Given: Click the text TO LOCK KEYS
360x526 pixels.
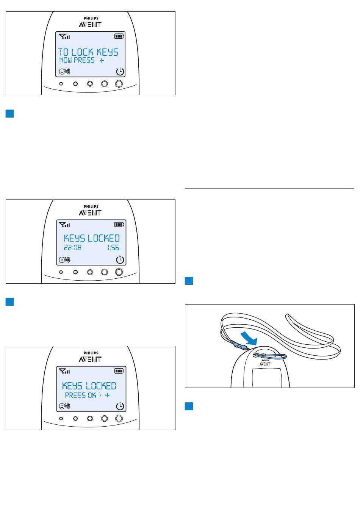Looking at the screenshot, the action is (88, 52).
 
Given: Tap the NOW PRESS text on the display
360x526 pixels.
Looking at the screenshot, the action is (77, 60).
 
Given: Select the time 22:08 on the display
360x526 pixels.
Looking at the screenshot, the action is (72, 248).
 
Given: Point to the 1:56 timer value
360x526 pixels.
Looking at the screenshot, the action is (113, 248).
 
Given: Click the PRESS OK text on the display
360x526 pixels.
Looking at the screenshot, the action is (80, 395).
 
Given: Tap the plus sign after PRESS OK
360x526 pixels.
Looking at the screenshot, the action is (108, 395).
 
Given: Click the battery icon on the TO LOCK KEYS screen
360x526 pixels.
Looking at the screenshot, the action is (119, 36).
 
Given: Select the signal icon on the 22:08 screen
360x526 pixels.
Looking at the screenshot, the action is (64, 225).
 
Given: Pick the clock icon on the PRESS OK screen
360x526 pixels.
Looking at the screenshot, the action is (120, 406).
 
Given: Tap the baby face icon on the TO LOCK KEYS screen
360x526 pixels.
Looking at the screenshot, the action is (62, 71).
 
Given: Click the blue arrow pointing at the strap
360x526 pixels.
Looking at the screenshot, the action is (249, 339).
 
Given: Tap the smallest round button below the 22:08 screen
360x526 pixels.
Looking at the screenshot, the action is (61, 272).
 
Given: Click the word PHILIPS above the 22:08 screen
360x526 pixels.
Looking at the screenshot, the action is (91, 207).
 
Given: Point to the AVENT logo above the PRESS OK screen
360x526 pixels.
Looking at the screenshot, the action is (90, 359).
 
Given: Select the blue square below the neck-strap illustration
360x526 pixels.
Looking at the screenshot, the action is (189, 406).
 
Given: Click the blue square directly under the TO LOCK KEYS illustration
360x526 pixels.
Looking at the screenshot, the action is (9, 113).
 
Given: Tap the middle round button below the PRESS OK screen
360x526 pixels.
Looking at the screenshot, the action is (90, 419).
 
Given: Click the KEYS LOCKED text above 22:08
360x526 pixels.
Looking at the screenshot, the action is (92, 238).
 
